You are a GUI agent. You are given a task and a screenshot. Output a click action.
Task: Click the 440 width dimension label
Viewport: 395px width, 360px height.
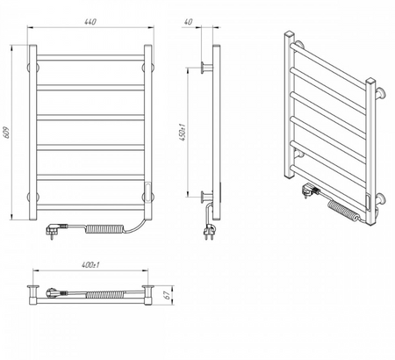pyautogui.click(x=90, y=22)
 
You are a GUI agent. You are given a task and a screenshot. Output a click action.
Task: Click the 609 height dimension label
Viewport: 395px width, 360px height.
pyautogui.click(x=7, y=133)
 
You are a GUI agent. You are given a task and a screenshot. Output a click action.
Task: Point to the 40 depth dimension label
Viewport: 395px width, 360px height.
pyautogui.click(x=189, y=22)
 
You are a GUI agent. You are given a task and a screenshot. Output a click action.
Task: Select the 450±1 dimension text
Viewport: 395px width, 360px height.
pyautogui.click(x=183, y=133)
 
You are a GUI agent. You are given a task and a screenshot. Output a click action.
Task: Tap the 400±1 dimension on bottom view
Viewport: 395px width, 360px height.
pyautogui.click(x=90, y=265)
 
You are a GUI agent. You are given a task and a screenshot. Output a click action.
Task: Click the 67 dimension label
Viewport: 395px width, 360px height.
pyautogui.click(x=168, y=295)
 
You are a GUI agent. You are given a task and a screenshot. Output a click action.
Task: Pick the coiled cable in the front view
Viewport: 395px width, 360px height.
pyautogui.click(x=104, y=228)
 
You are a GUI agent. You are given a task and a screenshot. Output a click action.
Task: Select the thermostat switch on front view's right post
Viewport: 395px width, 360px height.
pyautogui.click(x=148, y=191)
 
